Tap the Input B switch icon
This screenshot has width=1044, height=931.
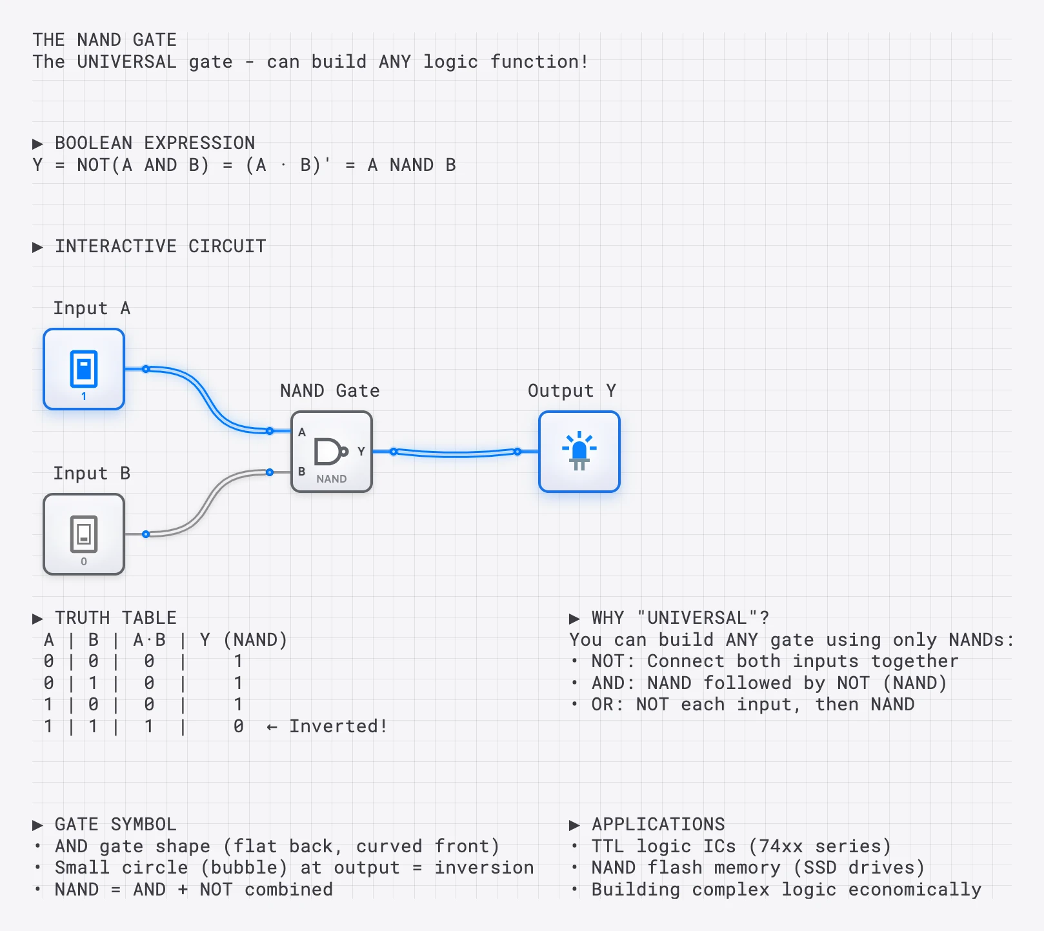pos(84,534)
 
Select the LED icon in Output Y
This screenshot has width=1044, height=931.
pos(579,450)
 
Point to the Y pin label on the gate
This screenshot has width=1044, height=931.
pos(361,452)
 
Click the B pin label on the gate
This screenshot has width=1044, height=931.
pos(301,472)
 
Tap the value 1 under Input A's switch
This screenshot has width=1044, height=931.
pos(84,396)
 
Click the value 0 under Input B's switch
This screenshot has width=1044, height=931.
pos(84,561)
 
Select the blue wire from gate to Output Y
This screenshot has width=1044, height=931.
pos(455,454)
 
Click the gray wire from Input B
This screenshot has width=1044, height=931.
pos(207,503)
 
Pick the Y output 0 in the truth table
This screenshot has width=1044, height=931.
pos(238,726)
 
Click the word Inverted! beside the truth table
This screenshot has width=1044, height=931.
pos(337,726)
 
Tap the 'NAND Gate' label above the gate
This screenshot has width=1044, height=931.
pos(330,390)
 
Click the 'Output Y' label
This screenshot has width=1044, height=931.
pos(572,390)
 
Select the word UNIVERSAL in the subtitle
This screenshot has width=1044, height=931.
pos(126,62)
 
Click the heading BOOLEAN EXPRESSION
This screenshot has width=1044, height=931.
pos(154,143)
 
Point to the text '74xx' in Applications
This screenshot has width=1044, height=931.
pos(781,846)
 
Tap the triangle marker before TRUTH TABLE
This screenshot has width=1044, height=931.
pos(37,619)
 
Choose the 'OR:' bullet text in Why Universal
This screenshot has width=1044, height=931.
pos(607,705)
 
